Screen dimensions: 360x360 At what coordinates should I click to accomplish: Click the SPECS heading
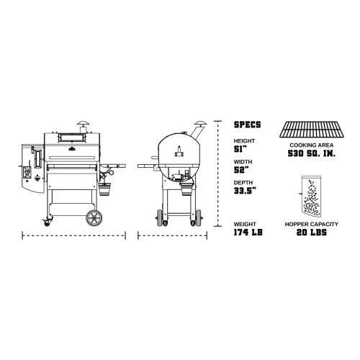pos(247,125)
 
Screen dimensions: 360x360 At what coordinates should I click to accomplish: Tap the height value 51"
pos(240,149)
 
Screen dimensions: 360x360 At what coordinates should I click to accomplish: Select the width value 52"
pos(240,170)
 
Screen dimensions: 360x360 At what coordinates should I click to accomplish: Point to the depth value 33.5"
pos(245,191)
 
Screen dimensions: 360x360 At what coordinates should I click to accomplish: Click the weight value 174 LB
pos(248,233)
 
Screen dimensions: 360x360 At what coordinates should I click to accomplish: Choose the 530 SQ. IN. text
pos(312,153)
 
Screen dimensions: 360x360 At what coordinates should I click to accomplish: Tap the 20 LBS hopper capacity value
pos(312,233)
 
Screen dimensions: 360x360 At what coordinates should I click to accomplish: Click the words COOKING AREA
pos(312,145)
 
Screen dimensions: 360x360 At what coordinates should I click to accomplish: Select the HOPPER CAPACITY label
pos(312,224)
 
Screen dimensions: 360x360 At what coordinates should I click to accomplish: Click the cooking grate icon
pos(312,130)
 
